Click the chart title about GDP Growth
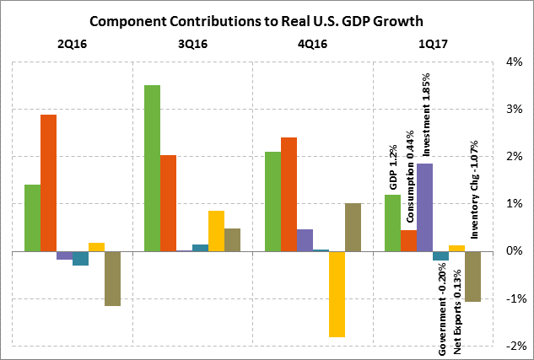[266, 19]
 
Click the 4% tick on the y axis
[514, 62]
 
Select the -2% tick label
[512, 347]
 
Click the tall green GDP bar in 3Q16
[153, 169]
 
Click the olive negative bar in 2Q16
[112, 278]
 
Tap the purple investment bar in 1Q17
[425, 207]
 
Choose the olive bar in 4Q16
[353, 228]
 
